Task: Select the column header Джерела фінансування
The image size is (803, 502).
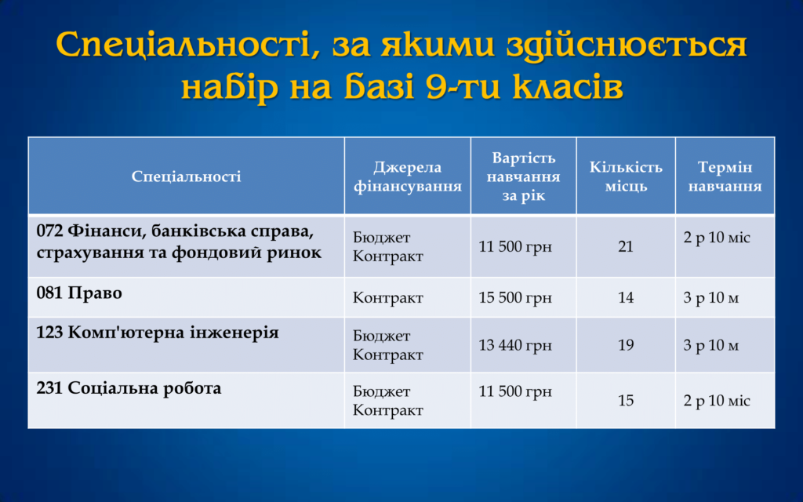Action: [408, 176]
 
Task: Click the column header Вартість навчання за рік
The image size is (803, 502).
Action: [523, 176]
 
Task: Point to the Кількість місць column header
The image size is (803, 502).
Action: [626, 176]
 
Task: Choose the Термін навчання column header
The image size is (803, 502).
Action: [725, 176]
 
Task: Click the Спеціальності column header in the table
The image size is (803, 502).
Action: [187, 176]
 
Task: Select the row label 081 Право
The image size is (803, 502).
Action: [79, 293]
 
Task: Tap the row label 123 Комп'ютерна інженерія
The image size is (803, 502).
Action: [158, 333]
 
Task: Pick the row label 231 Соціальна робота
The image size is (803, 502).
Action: [129, 387]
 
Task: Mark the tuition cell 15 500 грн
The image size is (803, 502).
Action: [515, 297]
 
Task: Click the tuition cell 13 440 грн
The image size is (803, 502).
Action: [515, 345]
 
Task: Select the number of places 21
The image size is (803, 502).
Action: [626, 246]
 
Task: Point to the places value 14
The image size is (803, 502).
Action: [626, 297]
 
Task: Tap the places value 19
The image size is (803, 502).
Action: [626, 345]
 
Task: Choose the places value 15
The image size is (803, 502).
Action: [626, 400]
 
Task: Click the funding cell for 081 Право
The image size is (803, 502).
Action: [387, 297]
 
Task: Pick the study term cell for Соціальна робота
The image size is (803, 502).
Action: [717, 400]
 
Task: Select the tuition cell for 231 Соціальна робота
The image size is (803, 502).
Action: [515, 391]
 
